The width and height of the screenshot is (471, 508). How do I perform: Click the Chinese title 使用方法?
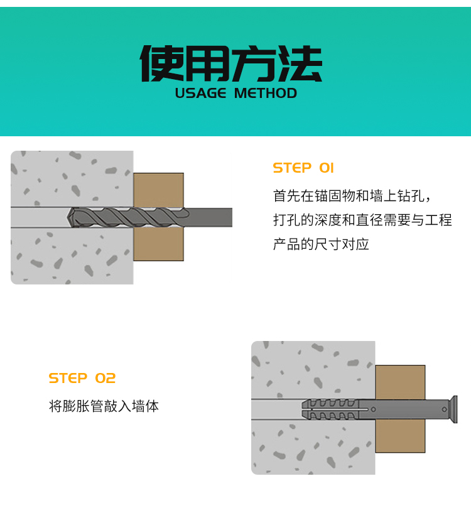pos(230,63)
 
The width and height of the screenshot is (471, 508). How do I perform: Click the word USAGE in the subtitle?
pos(200,94)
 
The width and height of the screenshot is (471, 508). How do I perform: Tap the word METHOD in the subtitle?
pos(265,94)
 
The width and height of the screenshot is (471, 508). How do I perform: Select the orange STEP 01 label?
pos(303,168)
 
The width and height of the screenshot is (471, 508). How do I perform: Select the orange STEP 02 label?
pos(82,378)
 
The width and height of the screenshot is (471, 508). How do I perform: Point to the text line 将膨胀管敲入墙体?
pos(104,406)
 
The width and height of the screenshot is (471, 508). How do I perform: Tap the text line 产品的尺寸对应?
pos(321,244)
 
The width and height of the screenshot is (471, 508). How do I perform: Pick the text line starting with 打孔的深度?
pos(362,220)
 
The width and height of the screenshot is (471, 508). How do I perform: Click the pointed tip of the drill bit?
pos(68,217)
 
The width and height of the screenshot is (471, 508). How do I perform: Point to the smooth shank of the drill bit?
pos(209,217)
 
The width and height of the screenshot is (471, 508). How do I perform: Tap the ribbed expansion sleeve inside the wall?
pos(330,409)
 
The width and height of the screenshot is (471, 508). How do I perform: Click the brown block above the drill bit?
pos(158,190)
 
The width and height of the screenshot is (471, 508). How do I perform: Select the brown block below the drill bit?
pos(158,244)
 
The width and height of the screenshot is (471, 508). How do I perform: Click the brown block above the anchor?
pos(401,382)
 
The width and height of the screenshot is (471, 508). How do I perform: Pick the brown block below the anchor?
pos(401,436)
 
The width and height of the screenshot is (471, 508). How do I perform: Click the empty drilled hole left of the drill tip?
pos(39,217)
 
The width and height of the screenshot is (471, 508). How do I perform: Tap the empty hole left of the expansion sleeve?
pos(276,409)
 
